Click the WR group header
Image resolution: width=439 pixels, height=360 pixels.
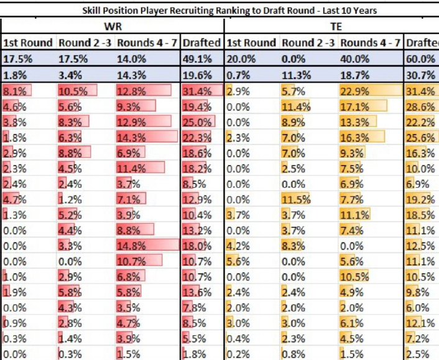coord(112,27)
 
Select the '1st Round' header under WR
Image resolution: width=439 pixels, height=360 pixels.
coord(28,43)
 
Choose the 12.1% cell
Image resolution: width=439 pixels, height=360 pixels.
coord(419,323)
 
